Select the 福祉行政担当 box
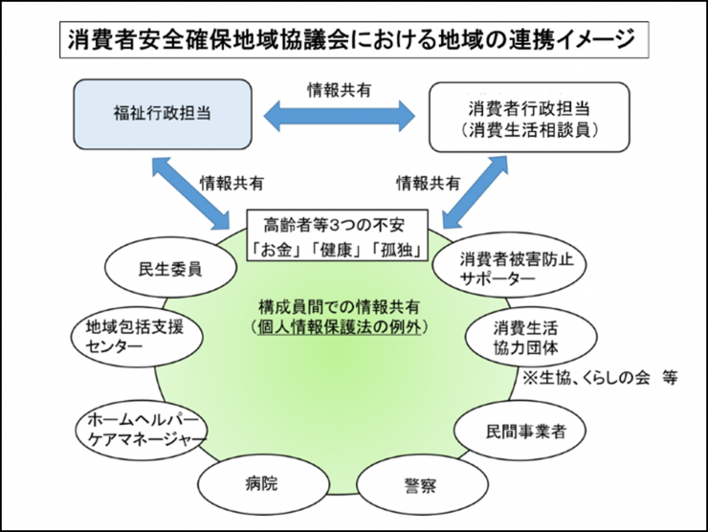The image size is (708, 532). coord(163,112)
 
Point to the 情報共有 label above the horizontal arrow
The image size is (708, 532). coord(340,89)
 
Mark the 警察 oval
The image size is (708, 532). coord(419,485)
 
